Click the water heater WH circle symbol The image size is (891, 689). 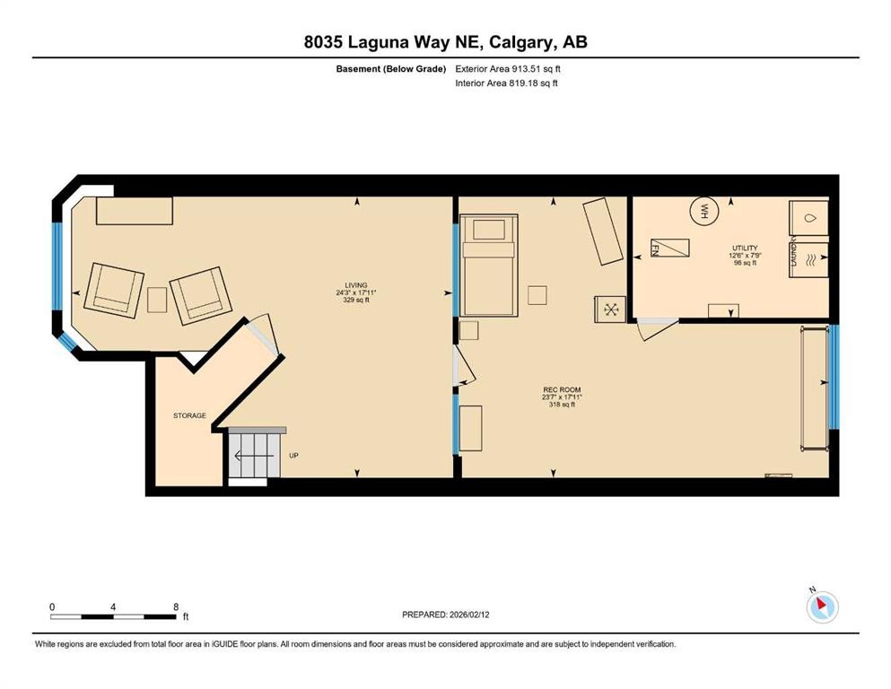pyautogui.click(x=704, y=212)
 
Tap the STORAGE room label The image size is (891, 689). pyautogui.click(x=189, y=415)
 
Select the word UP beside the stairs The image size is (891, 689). pyautogui.click(x=293, y=456)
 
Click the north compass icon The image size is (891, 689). pyautogui.click(x=821, y=607)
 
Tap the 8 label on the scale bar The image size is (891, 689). pyautogui.click(x=175, y=607)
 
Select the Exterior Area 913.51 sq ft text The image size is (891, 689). pyautogui.click(x=509, y=68)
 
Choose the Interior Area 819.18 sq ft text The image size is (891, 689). pyautogui.click(x=507, y=83)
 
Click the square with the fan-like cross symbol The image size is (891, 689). pyautogui.click(x=612, y=310)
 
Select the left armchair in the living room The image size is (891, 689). pyautogui.click(x=114, y=291)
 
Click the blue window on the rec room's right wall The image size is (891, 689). pyautogui.click(x=834, y=377)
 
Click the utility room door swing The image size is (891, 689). pyautogui.click(x=654, y=331)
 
